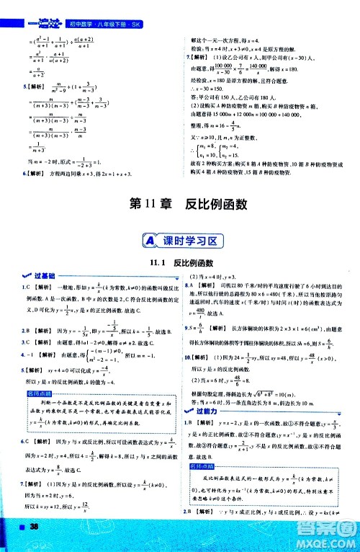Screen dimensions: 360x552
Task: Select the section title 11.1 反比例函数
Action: point(179,264)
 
